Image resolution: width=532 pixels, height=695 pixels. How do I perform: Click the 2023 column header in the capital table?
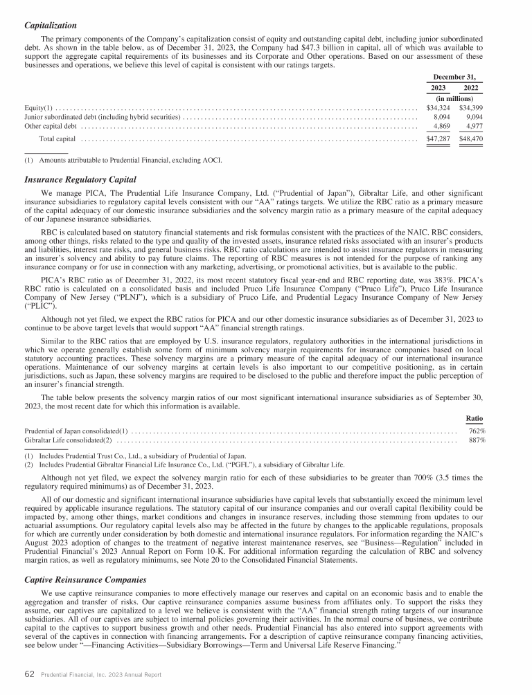(x=438, y=89)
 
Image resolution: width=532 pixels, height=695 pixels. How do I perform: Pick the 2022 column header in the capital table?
(x=470, y=89)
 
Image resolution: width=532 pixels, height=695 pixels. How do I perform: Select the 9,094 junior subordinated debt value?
(x=473, y=117)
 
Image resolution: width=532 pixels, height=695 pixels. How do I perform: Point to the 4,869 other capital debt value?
(x=441, y=127)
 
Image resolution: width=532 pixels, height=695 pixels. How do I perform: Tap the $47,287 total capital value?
(x=438, y=139)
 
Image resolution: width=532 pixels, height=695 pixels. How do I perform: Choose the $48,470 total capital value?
(x=470, y=139)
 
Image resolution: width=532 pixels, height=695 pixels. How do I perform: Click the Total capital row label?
(x=57, y=139)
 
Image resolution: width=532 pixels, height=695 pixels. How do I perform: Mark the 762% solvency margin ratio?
(x=477, y=431)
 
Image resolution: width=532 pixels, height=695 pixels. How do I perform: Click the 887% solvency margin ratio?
(x=477, y=441)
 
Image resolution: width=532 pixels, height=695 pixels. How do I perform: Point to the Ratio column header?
(x=475, y=418)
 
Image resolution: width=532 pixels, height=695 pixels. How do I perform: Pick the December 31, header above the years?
(x=454, y=78)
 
